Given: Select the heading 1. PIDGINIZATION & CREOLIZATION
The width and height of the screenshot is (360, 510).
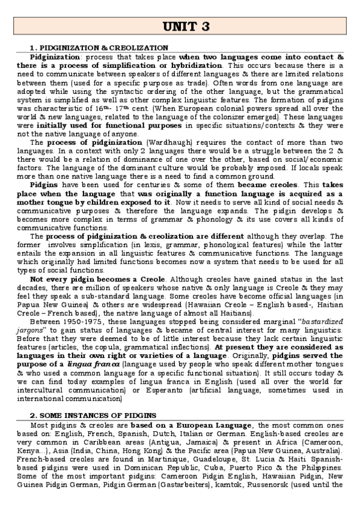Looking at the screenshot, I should pyautogui.click(x=99, y=47).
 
